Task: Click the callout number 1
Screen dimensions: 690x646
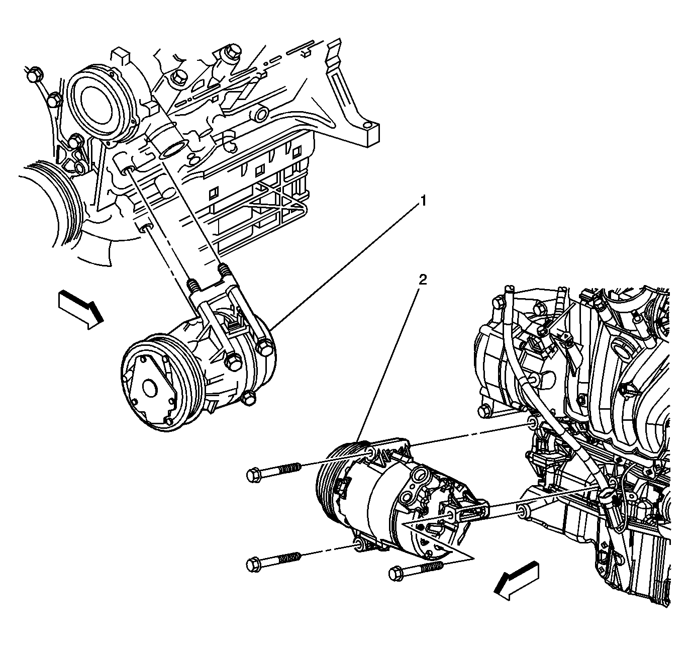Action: point(423,201)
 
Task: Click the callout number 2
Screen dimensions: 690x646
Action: point(423,280)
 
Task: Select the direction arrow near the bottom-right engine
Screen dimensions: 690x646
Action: point(517,581)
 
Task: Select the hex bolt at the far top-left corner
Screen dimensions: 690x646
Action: point(35,75)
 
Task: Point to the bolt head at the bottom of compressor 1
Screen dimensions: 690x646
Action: point(249,398)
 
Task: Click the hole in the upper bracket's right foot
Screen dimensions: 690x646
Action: point(367,126)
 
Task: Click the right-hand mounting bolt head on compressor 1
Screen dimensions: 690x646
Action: point(266,348)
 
